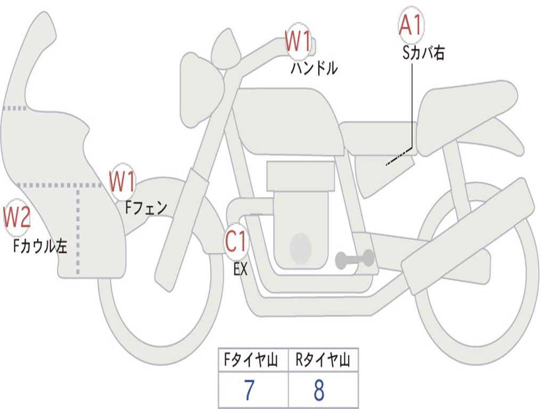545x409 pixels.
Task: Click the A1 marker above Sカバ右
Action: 410,26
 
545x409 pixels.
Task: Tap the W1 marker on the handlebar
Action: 298,42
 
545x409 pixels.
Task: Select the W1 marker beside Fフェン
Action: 122,182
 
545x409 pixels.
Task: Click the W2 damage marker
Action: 17,217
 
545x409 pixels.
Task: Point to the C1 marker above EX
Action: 236,242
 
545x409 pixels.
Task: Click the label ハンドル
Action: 314,68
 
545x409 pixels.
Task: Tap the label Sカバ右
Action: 424,53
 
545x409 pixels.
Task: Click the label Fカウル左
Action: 40,246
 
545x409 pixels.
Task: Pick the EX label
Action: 241,269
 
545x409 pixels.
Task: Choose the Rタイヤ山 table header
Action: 323,361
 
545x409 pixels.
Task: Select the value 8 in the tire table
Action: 319,391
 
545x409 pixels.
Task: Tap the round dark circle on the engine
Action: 300,248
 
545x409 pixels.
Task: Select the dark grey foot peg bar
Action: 354,259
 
